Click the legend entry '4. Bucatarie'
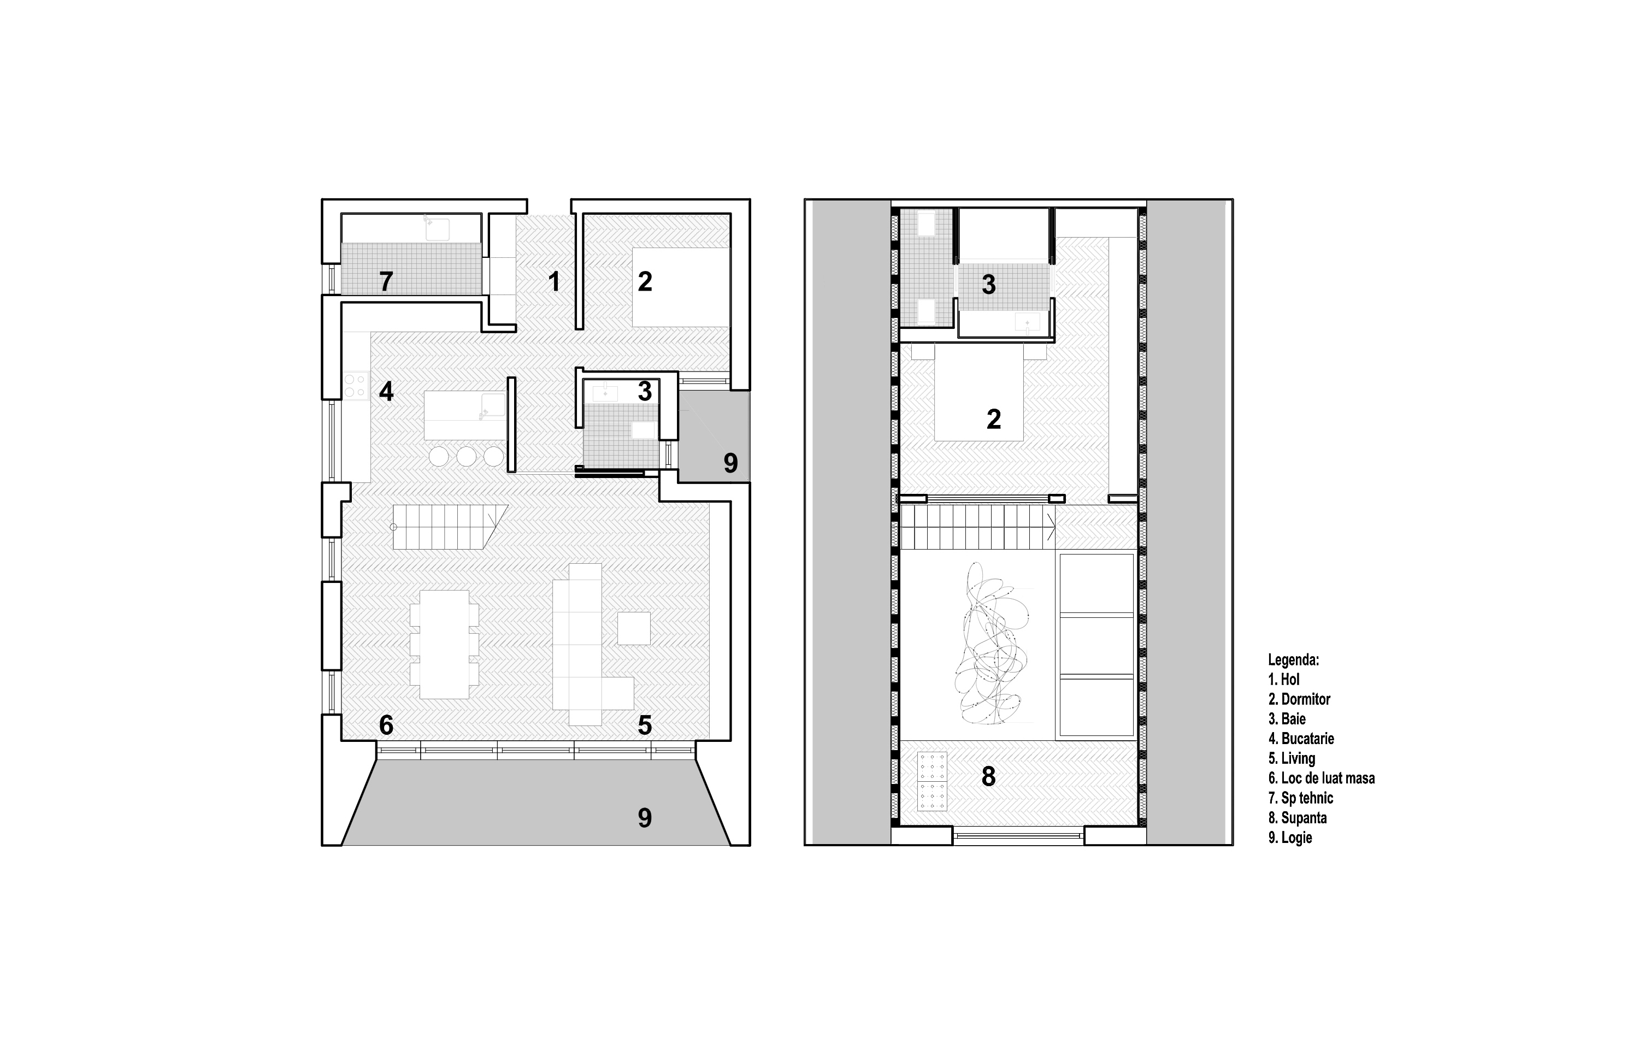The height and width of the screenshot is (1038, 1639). pyautogui.click(x=1301, y=739)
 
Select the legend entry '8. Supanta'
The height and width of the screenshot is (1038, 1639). pyautogui.click(x=1298, y=817)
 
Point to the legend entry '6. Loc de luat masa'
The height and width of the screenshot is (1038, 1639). pyautogui.click(x=1321, y=778)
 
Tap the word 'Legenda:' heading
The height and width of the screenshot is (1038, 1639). pyautogui.click(x=1294, y=659)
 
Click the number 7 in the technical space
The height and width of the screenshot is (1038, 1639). pyautogui.click(x=386, y=281)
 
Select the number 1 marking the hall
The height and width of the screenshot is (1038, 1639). pyautogui.click(x=554, y=281)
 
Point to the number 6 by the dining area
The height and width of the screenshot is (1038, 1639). pyautogui.click(x=386, y=726)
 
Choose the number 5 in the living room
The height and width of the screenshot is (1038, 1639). pyautogui.click(x=645, y=726)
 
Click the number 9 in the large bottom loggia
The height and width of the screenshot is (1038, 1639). pyautogui.click(x=645, y=817)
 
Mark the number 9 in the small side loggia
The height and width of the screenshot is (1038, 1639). pyautogui.click(x=730, y=463)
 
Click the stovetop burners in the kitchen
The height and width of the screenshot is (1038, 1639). pyautogui.click(x=355, y=385)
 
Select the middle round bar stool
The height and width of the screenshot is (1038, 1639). pyautogui.click(x=466, y=456)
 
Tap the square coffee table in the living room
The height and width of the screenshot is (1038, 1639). pyautogui.click(x=634, y=628)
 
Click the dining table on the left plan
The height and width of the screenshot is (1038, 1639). pyautogui.click(x=445, y=645)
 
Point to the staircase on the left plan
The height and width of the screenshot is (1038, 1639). pyautogui.click(x=450, y=527)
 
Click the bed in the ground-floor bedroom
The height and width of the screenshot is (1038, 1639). pyautogui.click(x=680, y=287)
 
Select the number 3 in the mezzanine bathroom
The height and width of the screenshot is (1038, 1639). pyautogui.click(x=988, y=285)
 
